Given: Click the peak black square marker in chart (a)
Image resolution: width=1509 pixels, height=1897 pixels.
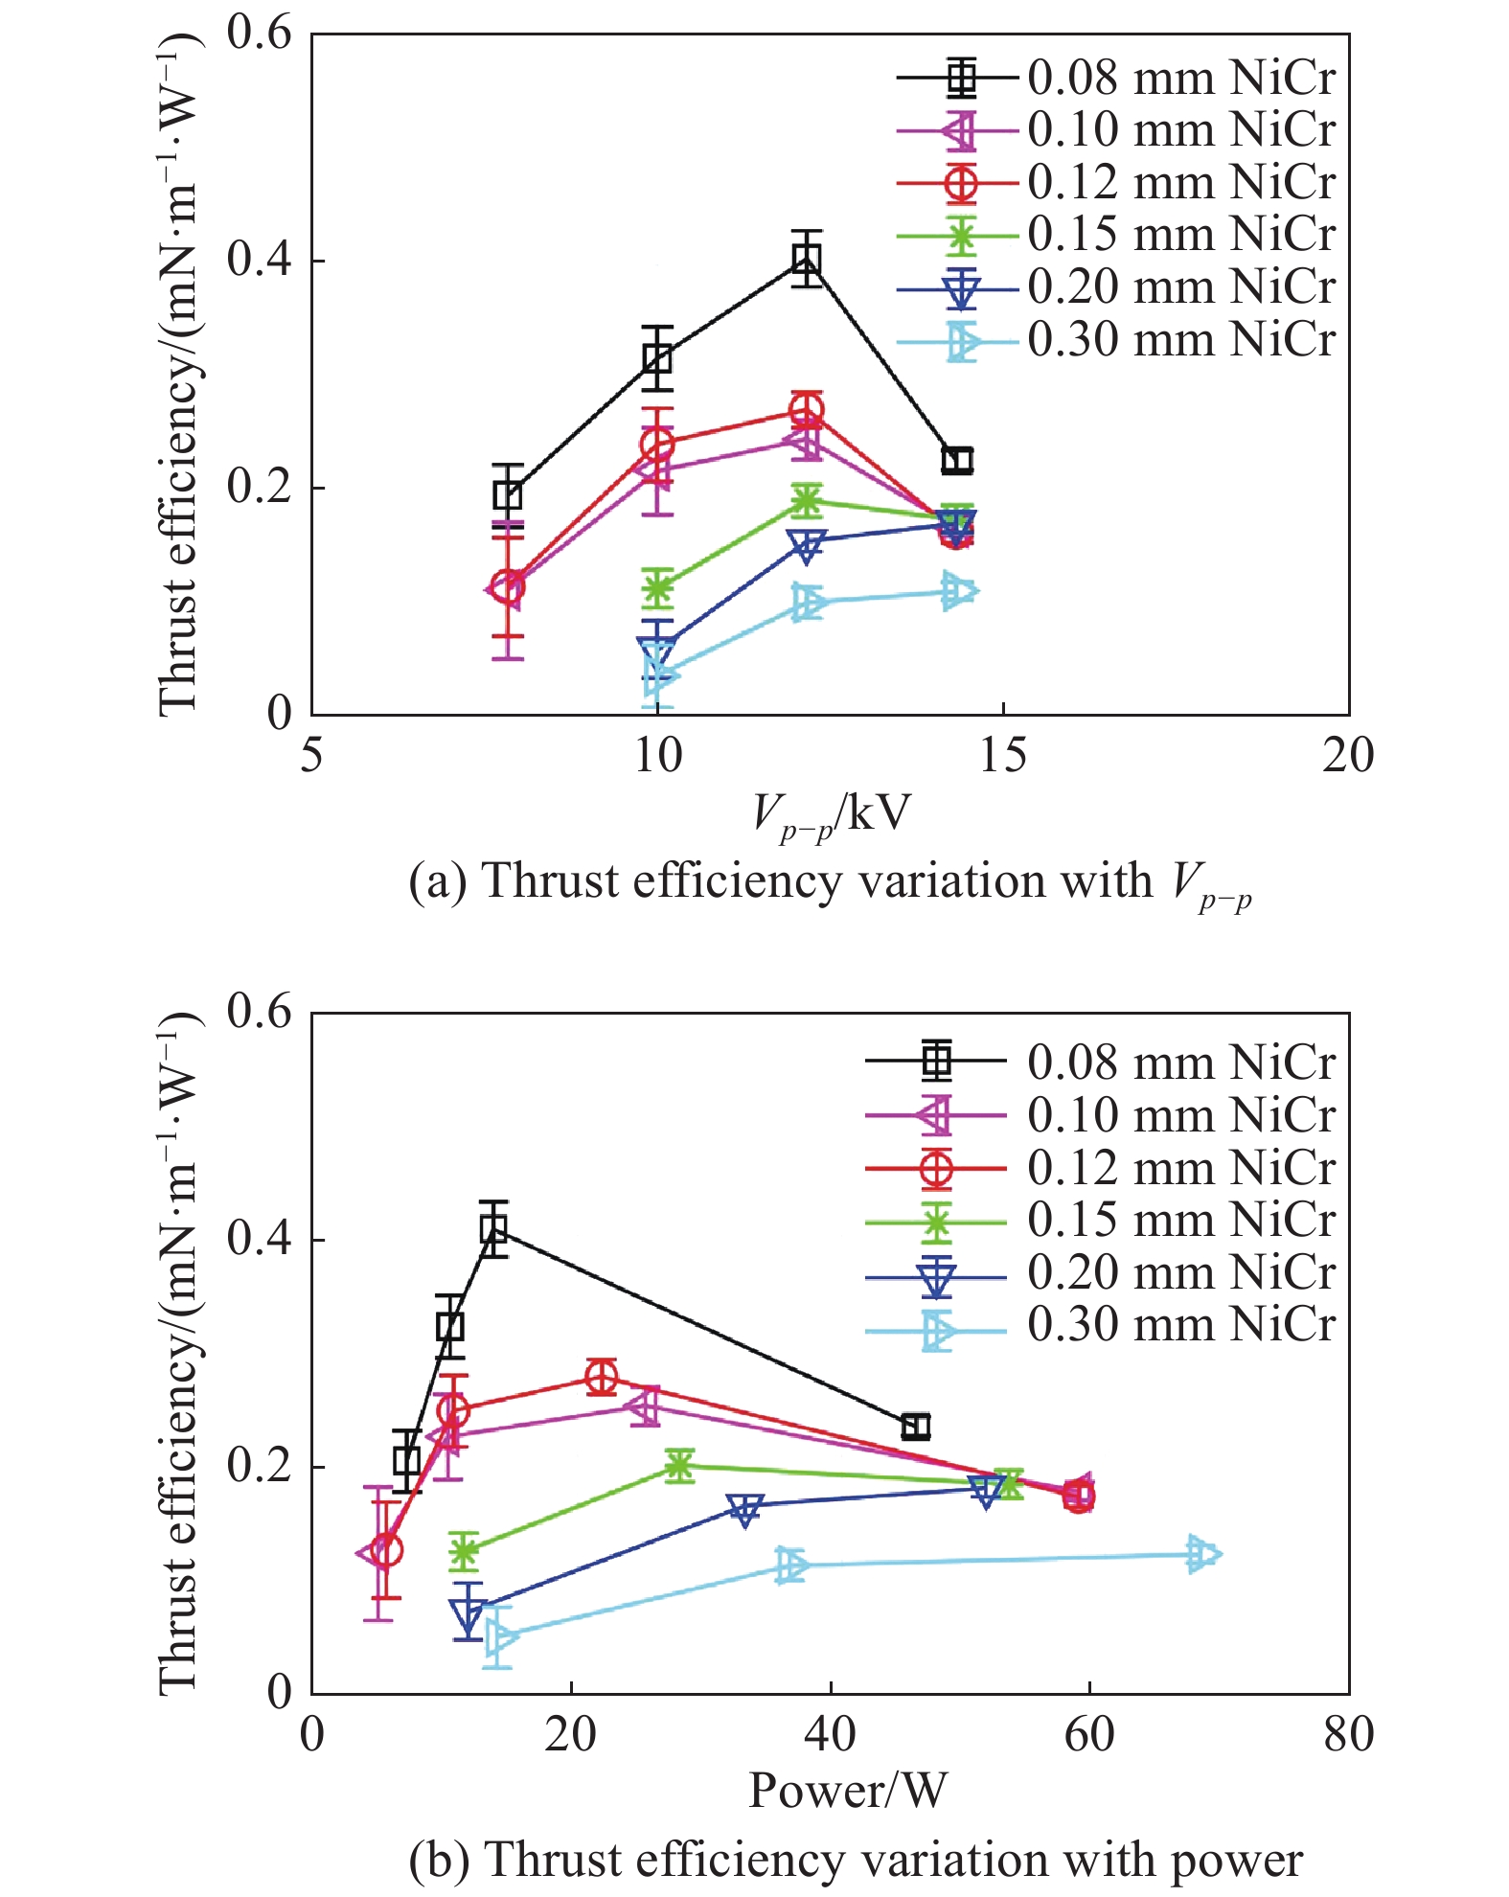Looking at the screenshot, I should [807, 259].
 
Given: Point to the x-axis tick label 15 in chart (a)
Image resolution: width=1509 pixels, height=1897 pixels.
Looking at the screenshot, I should [1002, 756].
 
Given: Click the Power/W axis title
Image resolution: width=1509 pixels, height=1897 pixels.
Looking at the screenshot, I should [848, 1790].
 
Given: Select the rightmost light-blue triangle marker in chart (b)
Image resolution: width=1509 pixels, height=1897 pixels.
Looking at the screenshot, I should [1200, 1554].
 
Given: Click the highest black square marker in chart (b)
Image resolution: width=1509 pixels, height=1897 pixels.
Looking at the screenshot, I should [493, 1228].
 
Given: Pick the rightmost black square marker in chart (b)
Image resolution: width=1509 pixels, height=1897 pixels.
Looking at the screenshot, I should [916, 1427].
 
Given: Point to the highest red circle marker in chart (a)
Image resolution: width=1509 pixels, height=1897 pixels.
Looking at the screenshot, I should [807, 411].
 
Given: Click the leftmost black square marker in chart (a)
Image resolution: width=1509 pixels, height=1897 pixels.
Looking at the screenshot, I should [508, 495].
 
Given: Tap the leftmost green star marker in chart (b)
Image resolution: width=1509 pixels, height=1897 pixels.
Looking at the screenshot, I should [464, 1550].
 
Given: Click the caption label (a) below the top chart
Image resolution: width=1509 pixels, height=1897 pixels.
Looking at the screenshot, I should [438, 881].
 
